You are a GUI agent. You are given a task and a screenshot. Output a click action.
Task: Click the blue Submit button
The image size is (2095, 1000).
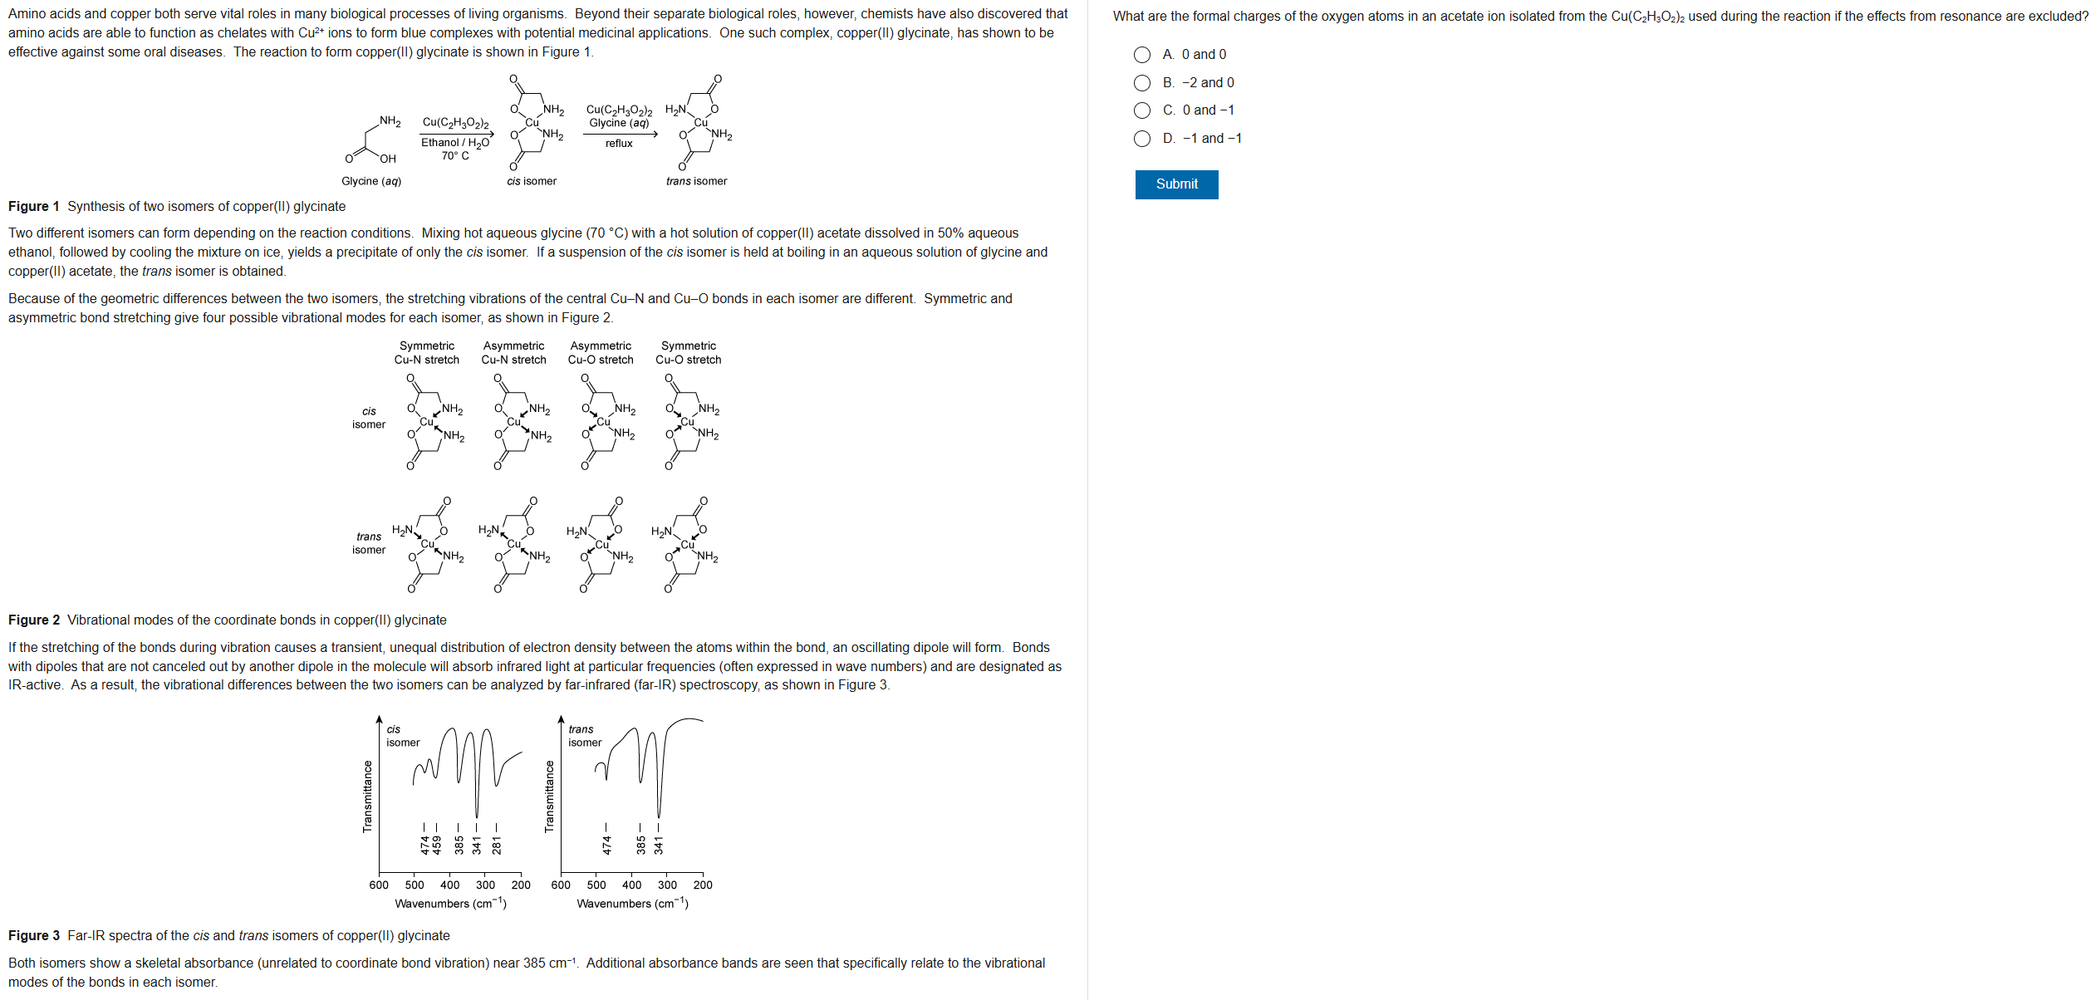(x=1175, y=184)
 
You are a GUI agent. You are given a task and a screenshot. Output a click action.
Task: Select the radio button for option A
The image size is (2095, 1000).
(x=1142, y=55)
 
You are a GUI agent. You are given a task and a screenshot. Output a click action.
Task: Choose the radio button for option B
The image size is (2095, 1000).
(x=1142, y=83)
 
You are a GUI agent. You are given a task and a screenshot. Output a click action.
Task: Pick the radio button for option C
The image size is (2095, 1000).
(x=1142, y=110)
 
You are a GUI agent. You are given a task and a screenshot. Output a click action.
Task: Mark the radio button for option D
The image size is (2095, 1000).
(x=1142, y=139)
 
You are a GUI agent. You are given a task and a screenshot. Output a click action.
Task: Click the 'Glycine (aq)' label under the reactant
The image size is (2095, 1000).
(x=371, y=181)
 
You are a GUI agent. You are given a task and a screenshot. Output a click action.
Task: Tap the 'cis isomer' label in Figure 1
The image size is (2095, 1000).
(x=532, y=181)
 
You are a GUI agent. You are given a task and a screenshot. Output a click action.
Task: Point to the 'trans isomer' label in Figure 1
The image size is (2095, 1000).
(x=696, y=181)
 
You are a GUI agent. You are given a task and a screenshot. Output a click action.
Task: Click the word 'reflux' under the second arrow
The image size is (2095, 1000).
(x=619, y=144)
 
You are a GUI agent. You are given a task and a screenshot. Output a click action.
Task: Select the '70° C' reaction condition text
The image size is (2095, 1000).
(x=455, y=156)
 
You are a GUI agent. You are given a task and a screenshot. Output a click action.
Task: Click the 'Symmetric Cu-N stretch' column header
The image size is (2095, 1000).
(x=427, y=353)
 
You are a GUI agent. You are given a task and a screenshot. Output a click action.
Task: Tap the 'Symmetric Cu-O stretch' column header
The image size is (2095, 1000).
(x=688, y=353)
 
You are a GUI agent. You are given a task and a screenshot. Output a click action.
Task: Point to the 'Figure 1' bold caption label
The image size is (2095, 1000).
(x=34, y=207)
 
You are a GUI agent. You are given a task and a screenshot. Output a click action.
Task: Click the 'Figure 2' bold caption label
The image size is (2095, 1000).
(x=34, y=620)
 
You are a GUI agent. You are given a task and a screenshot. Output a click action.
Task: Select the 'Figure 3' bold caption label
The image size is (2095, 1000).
(x=34, y=936)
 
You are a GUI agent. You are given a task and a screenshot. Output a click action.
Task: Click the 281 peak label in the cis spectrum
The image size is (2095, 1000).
(x=497, y=845)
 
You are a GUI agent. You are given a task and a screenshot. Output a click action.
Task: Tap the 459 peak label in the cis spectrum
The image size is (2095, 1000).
(x=437, y=845)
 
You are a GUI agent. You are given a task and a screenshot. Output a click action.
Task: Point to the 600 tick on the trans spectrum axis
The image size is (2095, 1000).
(x=561, y=885)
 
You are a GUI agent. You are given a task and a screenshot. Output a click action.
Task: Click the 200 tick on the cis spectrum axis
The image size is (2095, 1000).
(x=521, y=885)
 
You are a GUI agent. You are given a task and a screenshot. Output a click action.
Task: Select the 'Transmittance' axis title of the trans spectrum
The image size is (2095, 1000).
(x=549, y=797)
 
